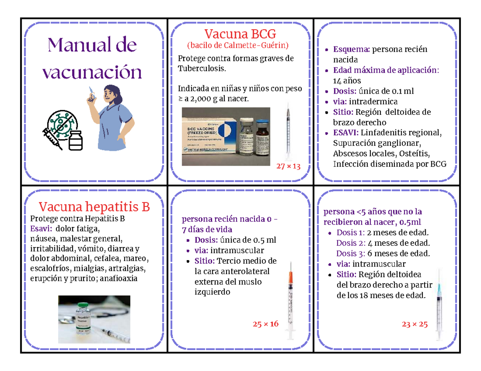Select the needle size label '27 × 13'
tap(288, 166)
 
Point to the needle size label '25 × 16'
tap(265, 324)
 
